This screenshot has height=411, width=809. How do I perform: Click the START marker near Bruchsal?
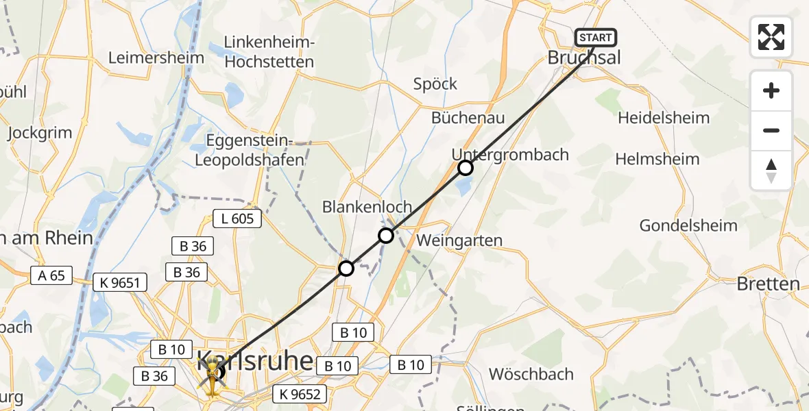click(x=596, y=38)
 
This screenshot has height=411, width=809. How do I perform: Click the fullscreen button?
click(x=771, y=37)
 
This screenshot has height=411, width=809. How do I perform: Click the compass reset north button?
click(x=771, y=171)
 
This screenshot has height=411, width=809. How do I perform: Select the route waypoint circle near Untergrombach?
click(x=466, y=167)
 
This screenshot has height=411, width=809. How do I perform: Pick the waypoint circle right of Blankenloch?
click(x=386, y=236)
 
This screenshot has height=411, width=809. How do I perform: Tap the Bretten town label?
click(x=768, y=284)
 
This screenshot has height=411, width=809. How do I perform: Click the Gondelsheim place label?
click(x=688, y=225)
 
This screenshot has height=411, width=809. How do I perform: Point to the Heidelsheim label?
click(x=664, y=118)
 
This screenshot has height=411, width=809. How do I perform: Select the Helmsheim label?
click(x=657, y=159)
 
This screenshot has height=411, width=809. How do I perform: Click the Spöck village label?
click(x=435, y=84)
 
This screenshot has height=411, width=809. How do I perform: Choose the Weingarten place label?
click(x=459, y=240)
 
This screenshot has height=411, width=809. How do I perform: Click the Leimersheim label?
click(x=156, y=57)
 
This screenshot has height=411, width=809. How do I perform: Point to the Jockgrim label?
click(x=41, y=133)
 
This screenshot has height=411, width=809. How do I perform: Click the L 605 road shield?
click(x=237, y=219)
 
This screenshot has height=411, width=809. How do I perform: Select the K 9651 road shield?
click(x=120, y=282)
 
